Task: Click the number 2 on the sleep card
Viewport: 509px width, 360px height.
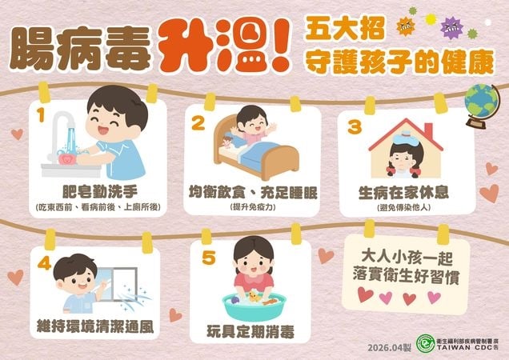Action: click(197, 122)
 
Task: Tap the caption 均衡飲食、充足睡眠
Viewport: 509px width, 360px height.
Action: click(252, 193)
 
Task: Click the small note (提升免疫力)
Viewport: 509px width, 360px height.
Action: click(252, 206)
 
